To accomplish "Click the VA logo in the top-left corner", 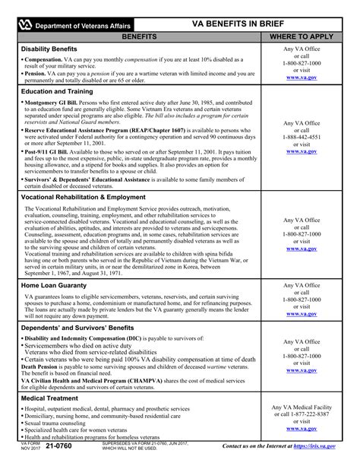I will (x=26, y=24).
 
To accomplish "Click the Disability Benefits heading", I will (x=49, y=49).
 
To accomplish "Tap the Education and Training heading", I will (x=57, y=90).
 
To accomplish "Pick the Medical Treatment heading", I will (x=52, y=398).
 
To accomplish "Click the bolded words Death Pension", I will (x=42, y=366).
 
